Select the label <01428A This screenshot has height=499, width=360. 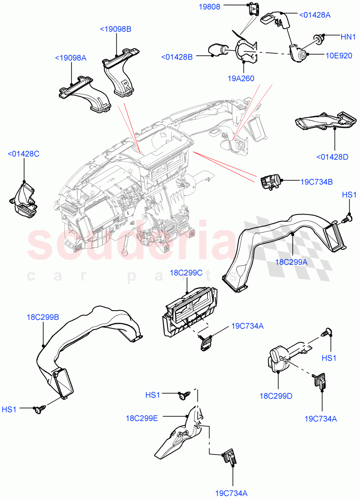tap(315, 15)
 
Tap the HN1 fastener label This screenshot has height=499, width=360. tap(348, 37)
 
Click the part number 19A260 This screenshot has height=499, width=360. tap(241, 78)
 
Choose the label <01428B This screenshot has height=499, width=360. tap(177, 57)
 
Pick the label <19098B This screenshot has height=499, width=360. tap(115, 29)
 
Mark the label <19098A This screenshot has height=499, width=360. tap(70, 58)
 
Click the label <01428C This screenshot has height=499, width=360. tap(23, 154)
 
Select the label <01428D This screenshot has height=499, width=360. tap(332, 157)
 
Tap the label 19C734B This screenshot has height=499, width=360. tap(317, 181)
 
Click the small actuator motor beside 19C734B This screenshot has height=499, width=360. tap(270, 182)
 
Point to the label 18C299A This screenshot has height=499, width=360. tap(291, 262)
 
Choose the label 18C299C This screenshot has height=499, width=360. tap(186, 273)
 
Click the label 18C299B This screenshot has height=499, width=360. tap(43, 317)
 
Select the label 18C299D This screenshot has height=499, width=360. tap(276, 396)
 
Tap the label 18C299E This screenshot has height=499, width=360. tap(142, 418)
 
